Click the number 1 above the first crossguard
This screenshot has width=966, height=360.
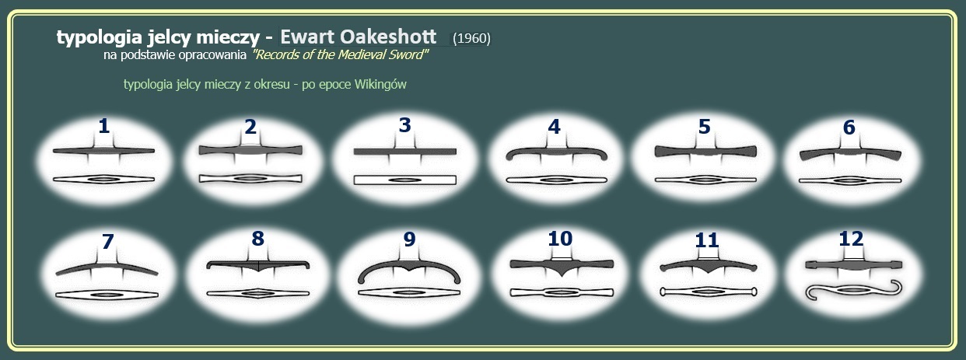[x=103, y=126]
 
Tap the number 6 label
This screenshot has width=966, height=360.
[x=849, y=128]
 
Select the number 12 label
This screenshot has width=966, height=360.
[x=851, y=239]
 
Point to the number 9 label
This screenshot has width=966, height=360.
[x=409, y=239]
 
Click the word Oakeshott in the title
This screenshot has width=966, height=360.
[x=388, y=37]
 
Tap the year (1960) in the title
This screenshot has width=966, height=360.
[x=472, y=38]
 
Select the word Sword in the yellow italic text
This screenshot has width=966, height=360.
[x=409, y=54]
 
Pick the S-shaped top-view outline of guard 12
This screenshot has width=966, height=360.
[x=854, y=291]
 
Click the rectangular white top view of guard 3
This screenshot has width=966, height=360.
[x=405, y=180]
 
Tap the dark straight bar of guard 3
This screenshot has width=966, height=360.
[x=405, y=152]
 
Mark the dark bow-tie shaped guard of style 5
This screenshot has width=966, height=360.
[x=705, y=152]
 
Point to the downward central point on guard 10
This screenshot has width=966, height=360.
[x=562, y=275]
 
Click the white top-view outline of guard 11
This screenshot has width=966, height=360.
[x=708, y=292]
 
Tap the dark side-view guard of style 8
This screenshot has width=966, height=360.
[x=258, y=264]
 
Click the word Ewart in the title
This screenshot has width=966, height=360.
[x=307, y=37]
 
